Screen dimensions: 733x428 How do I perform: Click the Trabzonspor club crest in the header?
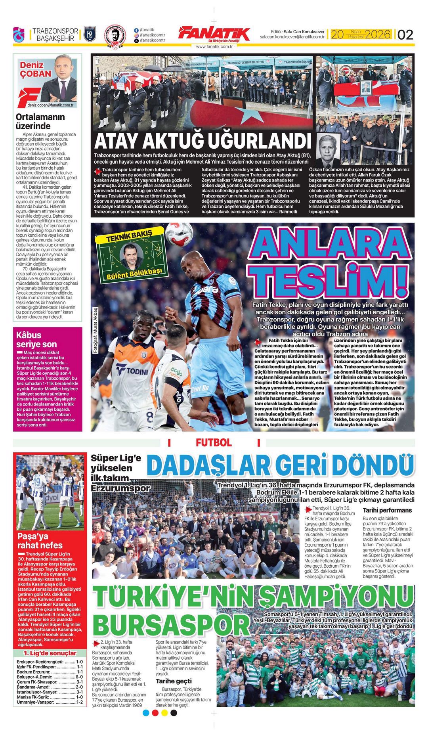coord(19,34)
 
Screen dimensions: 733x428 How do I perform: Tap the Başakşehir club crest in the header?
coord(90,34)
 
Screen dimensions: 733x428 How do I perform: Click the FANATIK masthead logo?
coord(214,34)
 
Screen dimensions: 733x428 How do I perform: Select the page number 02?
coord(405,34)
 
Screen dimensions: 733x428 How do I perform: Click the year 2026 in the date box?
coord(378,34)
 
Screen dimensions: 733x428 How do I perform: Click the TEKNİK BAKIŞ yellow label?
coord(129,236)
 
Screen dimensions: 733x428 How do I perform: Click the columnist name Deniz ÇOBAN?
coord(36,69)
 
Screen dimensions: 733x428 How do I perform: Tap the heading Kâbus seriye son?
coord(36,339)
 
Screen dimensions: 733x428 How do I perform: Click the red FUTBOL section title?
coord(213,443)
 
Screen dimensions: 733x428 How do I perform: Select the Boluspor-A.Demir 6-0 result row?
coord(50,677)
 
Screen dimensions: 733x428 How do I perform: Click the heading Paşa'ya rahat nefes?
coord(40,541)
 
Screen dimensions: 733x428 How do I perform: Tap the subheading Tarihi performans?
coord(387,510)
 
